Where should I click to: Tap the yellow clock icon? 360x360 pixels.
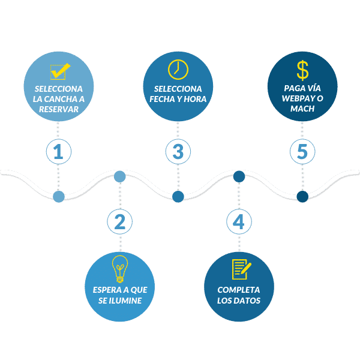pyautogui.click(x=178, y=70)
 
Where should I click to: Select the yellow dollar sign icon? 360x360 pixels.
pyautogui.click(x=302, y=68)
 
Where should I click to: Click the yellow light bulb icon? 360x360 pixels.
pyautogui.click(x=120, y=268)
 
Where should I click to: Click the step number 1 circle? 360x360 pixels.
pyautogui.click(x=58, y=152)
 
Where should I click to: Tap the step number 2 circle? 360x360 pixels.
pyautogui.click(x=120, y=221)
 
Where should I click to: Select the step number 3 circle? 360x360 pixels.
pyautogui.click(x=178, y=152)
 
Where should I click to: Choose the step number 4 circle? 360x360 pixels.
pyautogui.click(x=239, y=221)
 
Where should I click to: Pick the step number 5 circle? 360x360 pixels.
pyautogui.click(x=302, y=152)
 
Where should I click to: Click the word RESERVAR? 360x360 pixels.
pyautogui.click(x=59, y=109)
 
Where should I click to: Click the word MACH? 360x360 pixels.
pyautogui.click(x=302, y=109)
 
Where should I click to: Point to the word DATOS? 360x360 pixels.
pyautogui.click(x=248, y=300)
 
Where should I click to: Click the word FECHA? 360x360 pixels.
pyautogui.click(x=163, y=99)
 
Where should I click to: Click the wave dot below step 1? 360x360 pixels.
pyautogui.click(x=59, y=196)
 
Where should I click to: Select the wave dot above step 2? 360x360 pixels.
pyautogui.click(x=120, y=176)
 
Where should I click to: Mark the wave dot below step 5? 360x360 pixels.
pyautogui.click(x=302, y=196)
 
